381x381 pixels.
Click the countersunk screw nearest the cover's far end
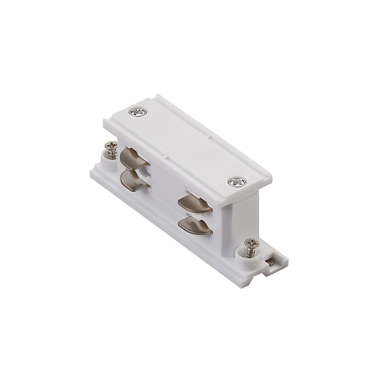coord(137,112)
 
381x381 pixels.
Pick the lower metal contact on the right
coord(194,224)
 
